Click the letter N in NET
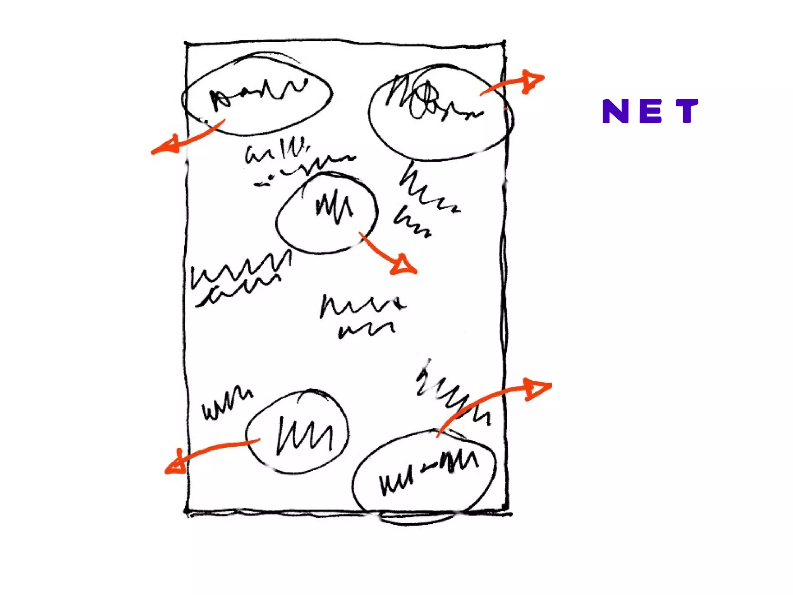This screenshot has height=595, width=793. coord(615,111)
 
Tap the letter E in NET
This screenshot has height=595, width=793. coord(651,111)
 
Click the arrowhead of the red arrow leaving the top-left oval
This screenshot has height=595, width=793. coord(166,145)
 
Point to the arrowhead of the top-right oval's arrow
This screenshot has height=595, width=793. coord(532,81)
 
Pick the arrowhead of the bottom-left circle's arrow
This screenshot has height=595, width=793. coord(176,465)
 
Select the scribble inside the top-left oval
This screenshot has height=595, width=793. coord(256,93)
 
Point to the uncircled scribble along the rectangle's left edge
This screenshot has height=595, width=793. coord(238,277)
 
